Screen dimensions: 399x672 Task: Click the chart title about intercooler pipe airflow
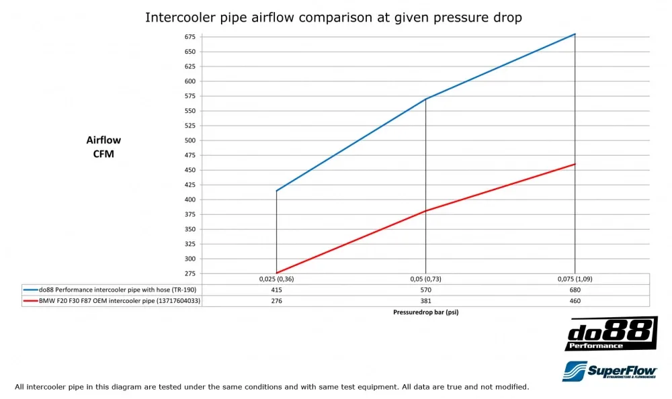[x=333, y=17]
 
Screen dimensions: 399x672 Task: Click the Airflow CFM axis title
[x=103, y=146]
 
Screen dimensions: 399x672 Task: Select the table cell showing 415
[x=276, y=290]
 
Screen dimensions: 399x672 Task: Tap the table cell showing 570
[x=425, y=290]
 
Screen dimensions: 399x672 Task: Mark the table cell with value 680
[x=575, y=290]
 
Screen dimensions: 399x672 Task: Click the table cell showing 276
[x=276, y=301]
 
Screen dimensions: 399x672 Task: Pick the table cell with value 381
[x=425, y=301]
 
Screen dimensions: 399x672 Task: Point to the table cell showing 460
[x=575, y=301]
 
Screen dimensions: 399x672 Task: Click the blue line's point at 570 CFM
[x=425, y=99]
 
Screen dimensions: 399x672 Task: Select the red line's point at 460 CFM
[x=575, y=164]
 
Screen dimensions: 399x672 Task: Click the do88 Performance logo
[x=610, y=334]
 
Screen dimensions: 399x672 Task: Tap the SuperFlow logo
[x=609, y=371]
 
